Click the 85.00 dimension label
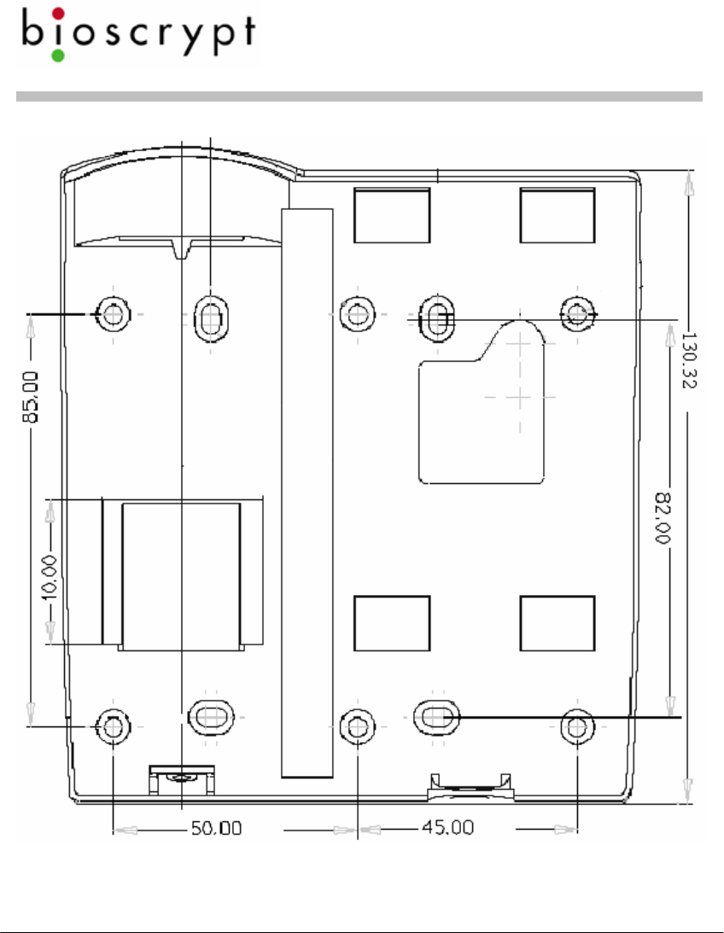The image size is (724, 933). [31, 397]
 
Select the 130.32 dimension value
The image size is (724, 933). [688, 360]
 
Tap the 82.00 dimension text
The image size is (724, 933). [663, 517]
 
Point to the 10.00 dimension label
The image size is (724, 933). [50, 577]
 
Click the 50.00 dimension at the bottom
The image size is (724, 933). [217, 828]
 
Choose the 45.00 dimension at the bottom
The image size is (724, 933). [448, 827]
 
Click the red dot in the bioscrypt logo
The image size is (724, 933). [58, 14]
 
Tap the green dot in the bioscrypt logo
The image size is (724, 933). [58, 55]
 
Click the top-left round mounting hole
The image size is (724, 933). [113, 313]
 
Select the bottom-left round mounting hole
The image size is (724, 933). [113, 726]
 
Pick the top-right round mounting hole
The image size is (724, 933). [577, 313]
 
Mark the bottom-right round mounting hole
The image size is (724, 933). [577, 726]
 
